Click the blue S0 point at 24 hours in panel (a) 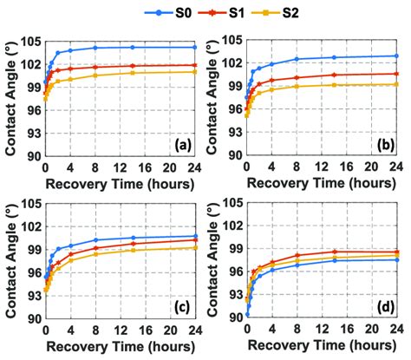click(x=195, y=47)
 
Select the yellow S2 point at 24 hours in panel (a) click(x=195, y=71)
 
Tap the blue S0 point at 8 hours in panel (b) click(x=297, y=59)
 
